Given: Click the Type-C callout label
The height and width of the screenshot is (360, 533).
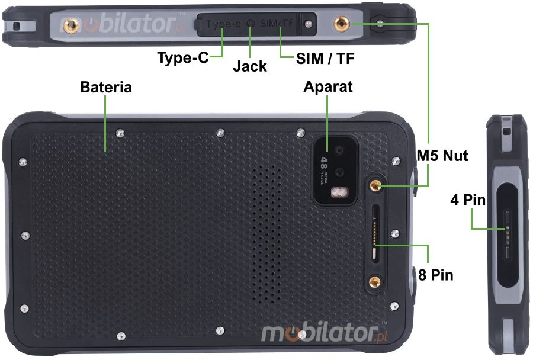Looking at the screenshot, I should pos(182,58).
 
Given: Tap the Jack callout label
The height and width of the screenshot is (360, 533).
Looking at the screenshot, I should pos(249,66).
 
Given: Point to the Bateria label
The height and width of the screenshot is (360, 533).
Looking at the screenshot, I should pos(106,87).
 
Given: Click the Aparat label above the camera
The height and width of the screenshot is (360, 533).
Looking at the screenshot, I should pos(327,87).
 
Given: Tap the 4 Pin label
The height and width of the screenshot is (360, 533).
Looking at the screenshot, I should pos(467,200).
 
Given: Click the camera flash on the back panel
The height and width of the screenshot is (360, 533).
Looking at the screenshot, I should pos(339,192).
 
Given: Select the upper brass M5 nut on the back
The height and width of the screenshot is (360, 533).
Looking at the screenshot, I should pos(374,185).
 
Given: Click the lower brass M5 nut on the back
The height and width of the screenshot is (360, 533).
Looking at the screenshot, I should pos(374,283).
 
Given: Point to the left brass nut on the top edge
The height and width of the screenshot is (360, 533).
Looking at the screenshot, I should pos(71,24).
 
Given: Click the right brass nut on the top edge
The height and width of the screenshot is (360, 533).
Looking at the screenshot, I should pos(342,24).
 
